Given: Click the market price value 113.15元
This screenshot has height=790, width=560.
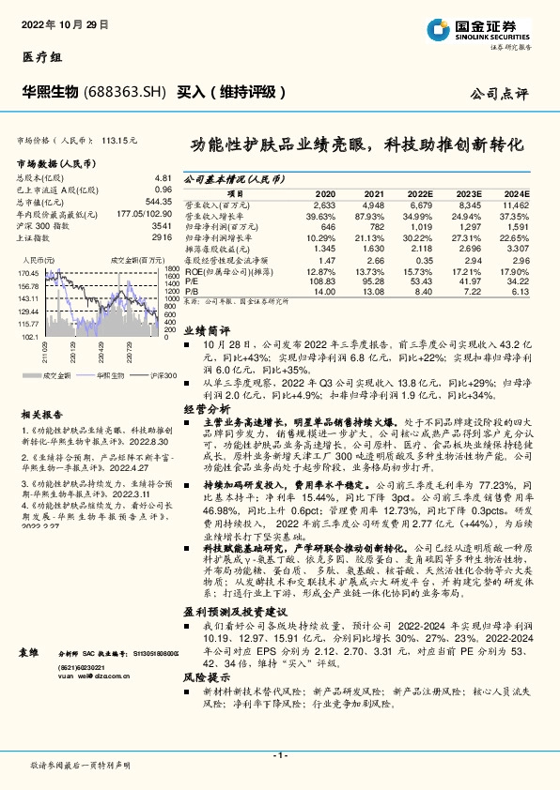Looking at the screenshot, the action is coord(119,139).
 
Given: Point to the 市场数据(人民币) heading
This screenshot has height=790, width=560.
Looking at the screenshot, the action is coord(55,163).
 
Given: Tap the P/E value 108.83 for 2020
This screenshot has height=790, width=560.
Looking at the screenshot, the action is coord(322,281).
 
